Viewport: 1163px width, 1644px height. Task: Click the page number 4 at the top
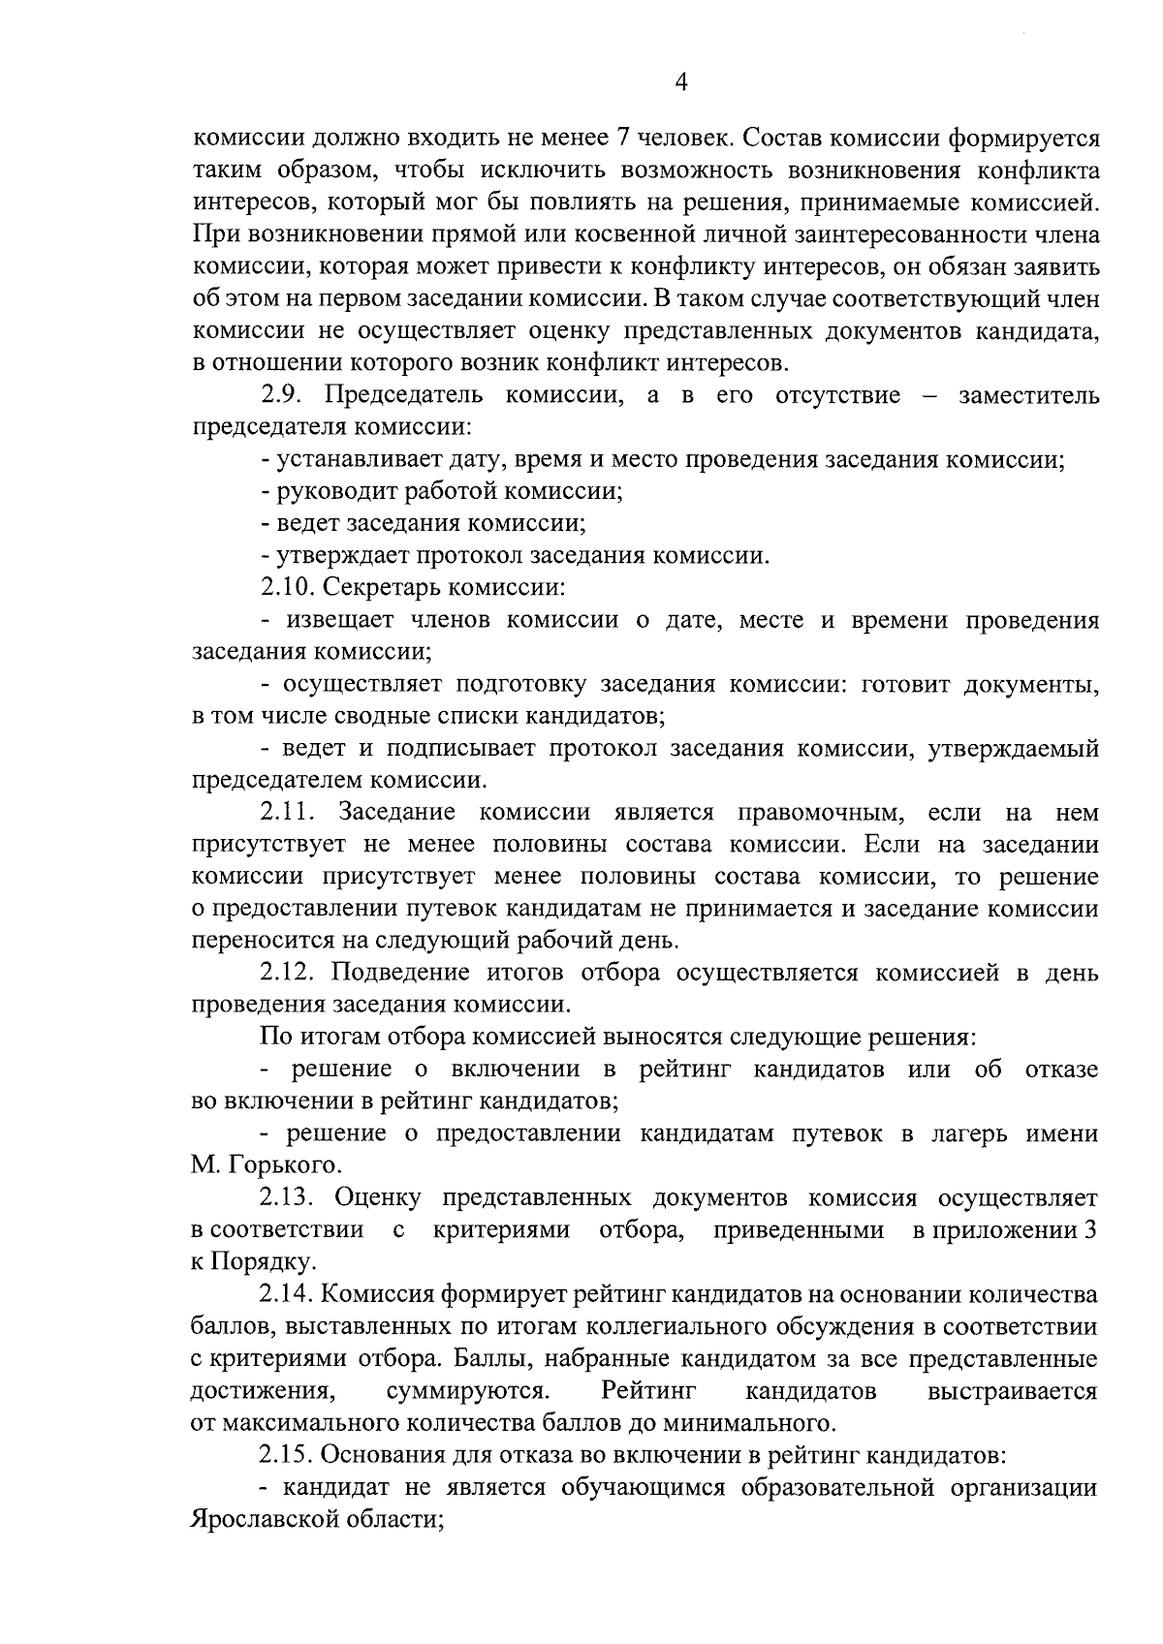(680, 84)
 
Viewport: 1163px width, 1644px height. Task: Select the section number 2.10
(288, 587)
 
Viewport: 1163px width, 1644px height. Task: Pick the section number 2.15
(288, 1455)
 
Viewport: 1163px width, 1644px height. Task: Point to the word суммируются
(469, 1392)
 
